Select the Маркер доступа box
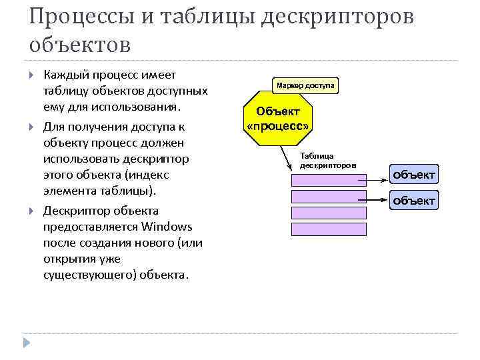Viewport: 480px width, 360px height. (x=306, y=85)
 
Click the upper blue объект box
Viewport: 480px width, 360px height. (x=414, y=175)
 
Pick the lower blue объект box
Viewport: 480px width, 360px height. (x=414, y=200)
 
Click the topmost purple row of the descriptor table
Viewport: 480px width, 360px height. (x=329, y=179)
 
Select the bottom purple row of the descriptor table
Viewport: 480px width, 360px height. (x=329, y=229)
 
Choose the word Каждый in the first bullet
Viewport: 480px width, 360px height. (x=65, y=75)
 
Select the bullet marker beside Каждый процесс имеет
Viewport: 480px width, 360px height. (x=33, y=75)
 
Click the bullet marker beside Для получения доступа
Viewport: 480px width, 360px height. (x=33, y=126)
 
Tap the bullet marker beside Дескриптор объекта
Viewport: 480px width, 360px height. (x=33, y=211)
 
